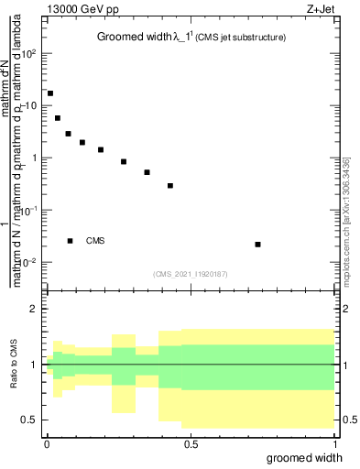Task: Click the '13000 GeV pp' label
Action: click(x=81, y=10)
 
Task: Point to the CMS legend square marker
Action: click(x=70, y=241)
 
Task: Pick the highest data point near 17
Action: click(x=50, y=93)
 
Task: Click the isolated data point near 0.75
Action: click(x=258, y=245)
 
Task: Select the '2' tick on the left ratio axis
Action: click(x=35, y=309)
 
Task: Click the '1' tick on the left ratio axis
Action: click(x=35, y=365)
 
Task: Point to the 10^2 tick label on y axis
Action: click(x=29, y=53)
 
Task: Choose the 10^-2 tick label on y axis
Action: click(x=29, y=263)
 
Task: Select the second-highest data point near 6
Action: click(x=58, y=118)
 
